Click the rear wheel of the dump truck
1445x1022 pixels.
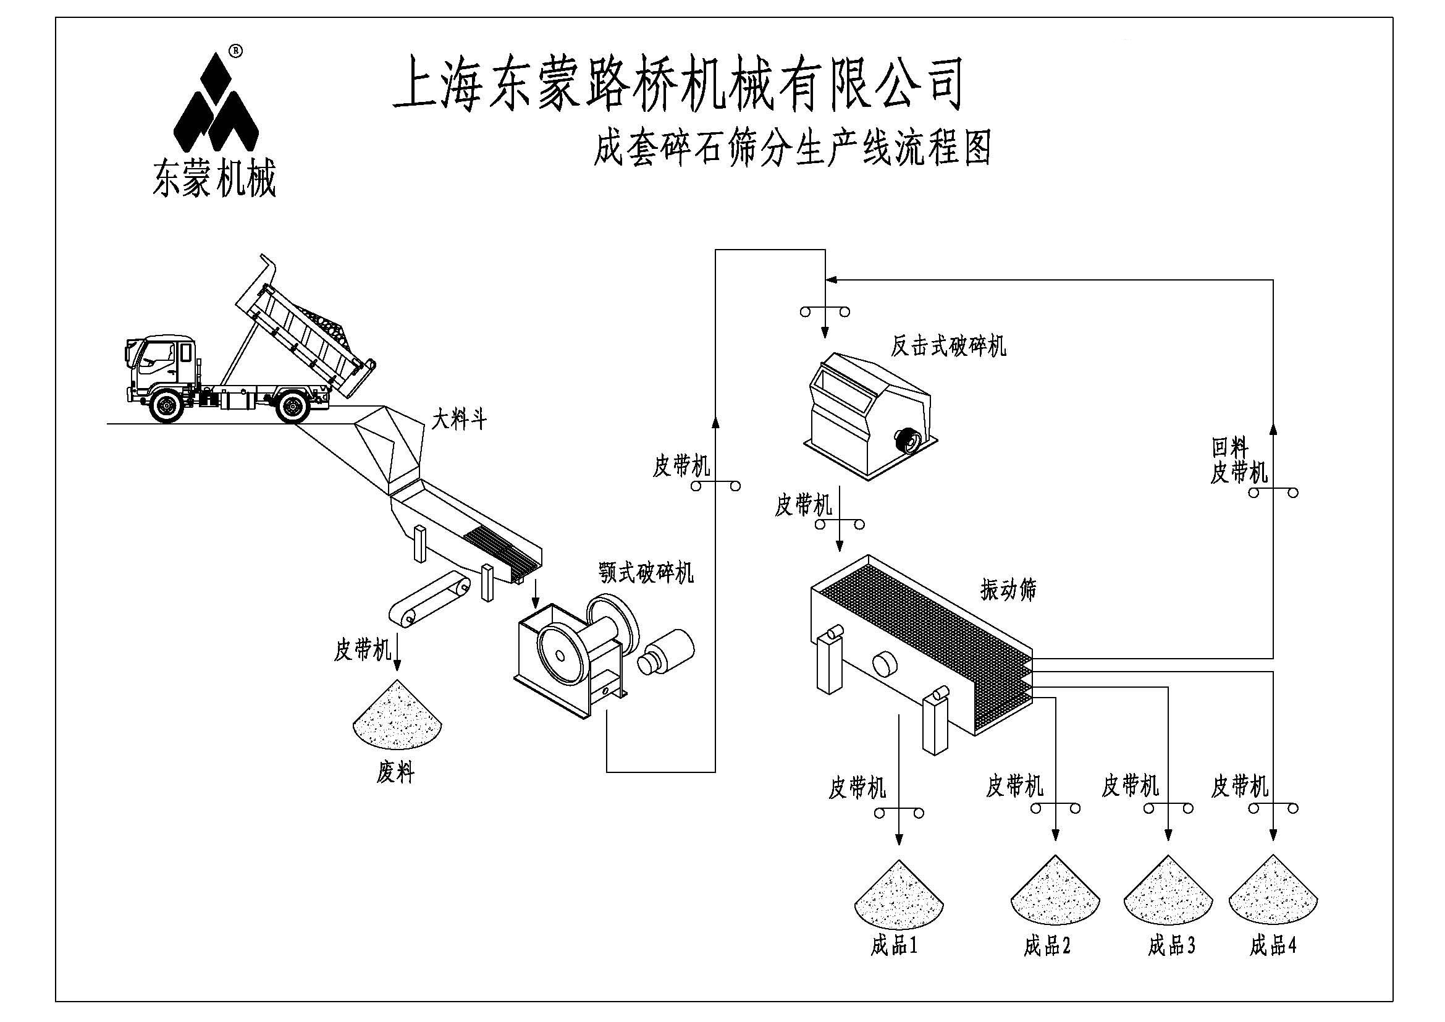click(293, 407)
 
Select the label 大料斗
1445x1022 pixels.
click(460, 419)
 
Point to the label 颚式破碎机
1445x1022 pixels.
click(646, 573)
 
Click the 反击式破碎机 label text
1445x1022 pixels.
click(948, 345)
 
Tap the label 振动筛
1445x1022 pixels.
click(1008, 589)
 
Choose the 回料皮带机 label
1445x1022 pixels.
click(1239, 462)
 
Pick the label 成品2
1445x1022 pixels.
click(1047, 946)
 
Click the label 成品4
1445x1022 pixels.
click(1273, 945)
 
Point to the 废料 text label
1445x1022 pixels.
click(395, 773)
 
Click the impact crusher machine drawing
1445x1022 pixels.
click(869, 418)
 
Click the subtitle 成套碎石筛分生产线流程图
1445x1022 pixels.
click(793, 148)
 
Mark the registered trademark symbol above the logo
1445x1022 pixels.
click(235, 49)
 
